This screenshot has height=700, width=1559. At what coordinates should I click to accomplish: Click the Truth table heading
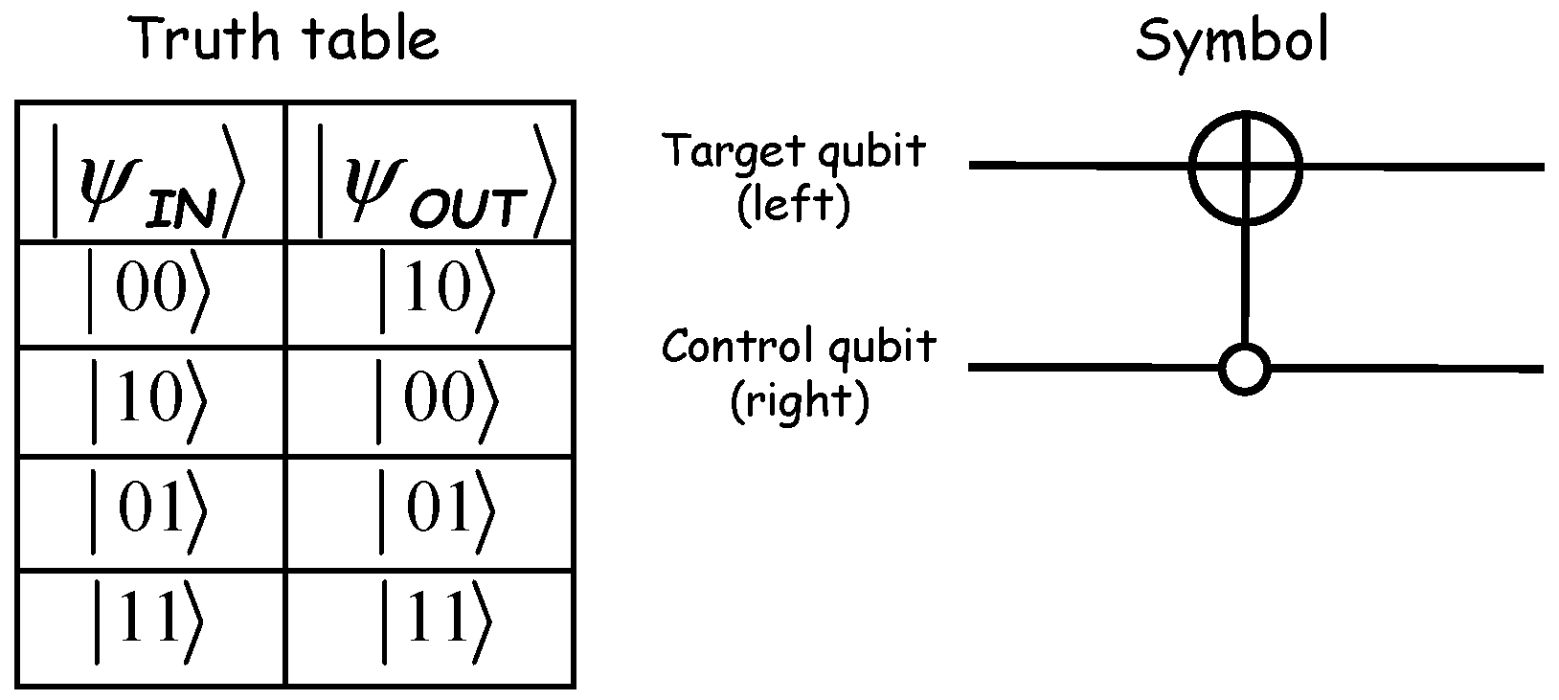point(285,40)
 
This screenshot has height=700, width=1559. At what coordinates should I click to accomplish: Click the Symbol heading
point(1231,40)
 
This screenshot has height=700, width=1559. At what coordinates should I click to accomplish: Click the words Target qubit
point(795,151)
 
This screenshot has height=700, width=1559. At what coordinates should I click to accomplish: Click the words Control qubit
point(798,346)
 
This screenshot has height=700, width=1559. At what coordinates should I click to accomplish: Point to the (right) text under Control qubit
point(800,402)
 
